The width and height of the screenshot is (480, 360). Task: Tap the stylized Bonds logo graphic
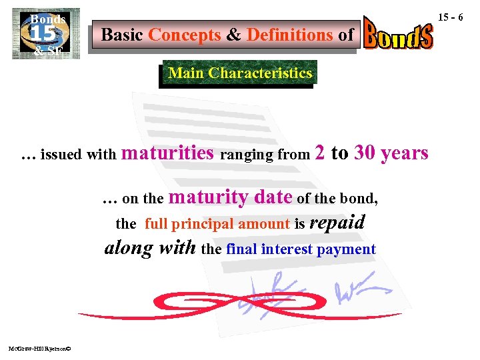coord(399,34)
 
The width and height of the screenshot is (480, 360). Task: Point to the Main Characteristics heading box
coord(240,73)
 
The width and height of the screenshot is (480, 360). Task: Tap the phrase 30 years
coord(391,153)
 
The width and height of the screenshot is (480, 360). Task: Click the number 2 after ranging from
coord(320,153)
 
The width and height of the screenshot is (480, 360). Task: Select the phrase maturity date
coord(232,197)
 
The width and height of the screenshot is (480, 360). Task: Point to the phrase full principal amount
coord(217,225)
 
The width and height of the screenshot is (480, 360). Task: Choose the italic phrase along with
coord(150,249)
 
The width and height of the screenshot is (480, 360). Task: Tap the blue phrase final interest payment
coord(301,249)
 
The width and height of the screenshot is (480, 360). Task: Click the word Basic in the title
coord(123,35)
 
